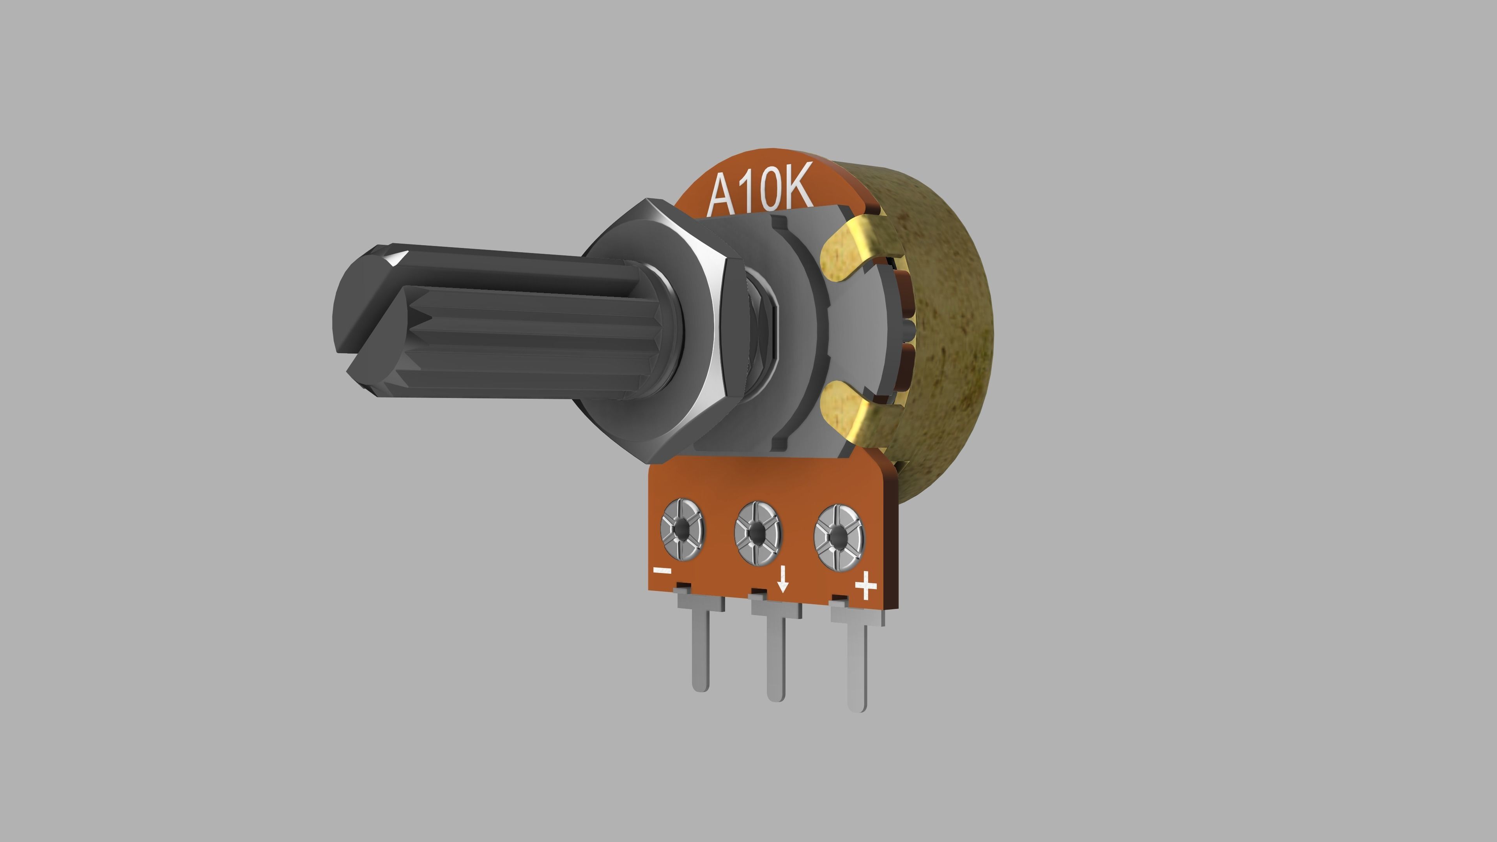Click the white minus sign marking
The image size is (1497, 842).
pos(662,571)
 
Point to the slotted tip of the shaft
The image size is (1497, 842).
pos(372,317)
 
